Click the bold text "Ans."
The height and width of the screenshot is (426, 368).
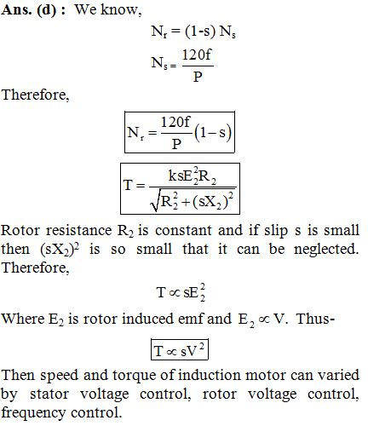16,10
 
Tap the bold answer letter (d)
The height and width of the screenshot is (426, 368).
46,11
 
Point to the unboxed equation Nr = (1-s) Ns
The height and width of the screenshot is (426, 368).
193,32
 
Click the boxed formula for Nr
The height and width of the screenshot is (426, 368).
180,132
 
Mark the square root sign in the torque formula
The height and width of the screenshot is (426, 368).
156,200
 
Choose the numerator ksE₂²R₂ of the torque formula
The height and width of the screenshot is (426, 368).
193,176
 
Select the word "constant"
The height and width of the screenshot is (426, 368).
183,230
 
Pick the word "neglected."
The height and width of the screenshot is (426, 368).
326,250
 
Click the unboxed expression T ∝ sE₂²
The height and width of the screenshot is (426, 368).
181,292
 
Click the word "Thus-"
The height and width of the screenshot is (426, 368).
315,319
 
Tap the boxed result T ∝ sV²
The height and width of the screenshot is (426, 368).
180,349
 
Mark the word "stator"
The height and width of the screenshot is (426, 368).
49,394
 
